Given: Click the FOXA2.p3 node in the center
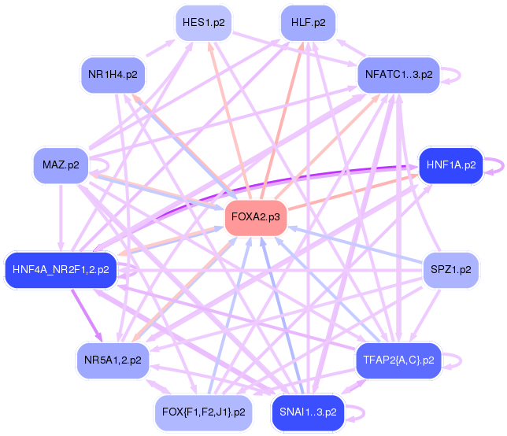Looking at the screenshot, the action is tap(256, 217).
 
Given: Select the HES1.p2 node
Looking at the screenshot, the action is tap(204, 23).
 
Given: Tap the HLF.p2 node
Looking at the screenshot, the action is tap(308, 23).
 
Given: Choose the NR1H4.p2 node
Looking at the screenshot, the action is tap(113, 75).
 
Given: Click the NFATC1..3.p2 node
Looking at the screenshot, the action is tap(398, 75).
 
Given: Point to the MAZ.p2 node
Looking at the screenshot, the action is tap(61, 165).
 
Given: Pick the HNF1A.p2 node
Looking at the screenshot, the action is tap(451, 165).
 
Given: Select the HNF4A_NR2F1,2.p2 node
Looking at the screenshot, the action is tap(61, 270).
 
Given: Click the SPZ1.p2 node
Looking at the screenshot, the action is tap(451, 270).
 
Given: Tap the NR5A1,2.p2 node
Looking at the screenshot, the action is tap(113, 360).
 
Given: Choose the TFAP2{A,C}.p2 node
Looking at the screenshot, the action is tap(398, 360).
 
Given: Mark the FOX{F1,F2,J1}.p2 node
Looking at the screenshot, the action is tap(204, 412).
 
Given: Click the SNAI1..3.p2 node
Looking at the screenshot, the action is tap(308, 412).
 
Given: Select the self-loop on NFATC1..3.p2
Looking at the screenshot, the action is tap(460, 76).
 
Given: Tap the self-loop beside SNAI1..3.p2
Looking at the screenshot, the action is tap(365, 412).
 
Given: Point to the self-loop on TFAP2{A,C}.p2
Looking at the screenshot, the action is tap(461, 360).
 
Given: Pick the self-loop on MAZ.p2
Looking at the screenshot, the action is tap(109, 166).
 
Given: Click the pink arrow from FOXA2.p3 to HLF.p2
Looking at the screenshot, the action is tap(282, 120).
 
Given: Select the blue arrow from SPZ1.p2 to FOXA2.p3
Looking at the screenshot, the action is tap(355, 245).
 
